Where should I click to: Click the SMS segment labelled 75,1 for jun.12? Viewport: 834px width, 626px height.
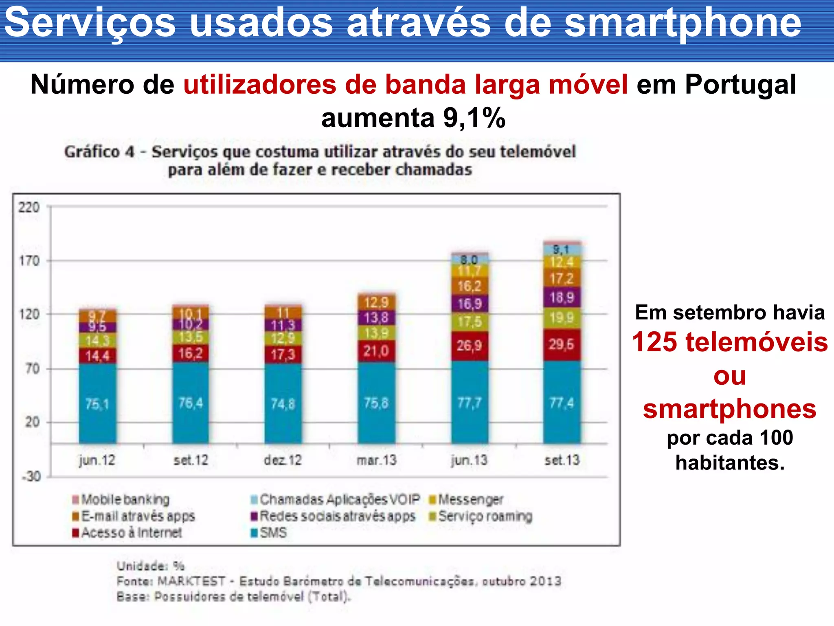97,404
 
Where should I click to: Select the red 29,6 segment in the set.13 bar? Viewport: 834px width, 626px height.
562,344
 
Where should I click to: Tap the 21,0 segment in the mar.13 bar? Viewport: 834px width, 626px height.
376,350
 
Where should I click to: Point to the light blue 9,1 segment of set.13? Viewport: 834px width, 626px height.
562,249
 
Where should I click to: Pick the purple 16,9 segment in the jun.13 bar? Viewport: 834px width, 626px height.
470,304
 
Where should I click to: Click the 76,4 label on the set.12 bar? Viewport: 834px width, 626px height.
191,403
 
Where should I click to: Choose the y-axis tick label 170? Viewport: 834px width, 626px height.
29,260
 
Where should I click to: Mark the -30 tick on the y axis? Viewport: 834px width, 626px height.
31,476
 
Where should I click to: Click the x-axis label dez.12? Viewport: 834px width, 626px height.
283,460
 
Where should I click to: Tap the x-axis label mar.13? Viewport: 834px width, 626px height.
376,460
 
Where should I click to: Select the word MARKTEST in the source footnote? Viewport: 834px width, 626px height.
191,581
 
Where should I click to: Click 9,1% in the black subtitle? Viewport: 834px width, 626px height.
474,118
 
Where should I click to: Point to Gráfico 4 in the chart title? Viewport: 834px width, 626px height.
99,152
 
